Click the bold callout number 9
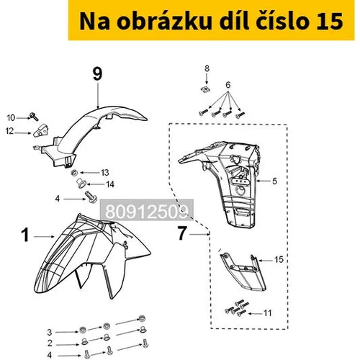[x=97, y=74]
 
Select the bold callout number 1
[x=25, y=235]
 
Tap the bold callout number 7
[x=182, y=233]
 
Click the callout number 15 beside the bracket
[x=279, y=259]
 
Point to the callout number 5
[x=274, y=181]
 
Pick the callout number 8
[x=207, y=68]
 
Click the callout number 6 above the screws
[x=228, y=85]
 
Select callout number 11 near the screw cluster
[x=268, y=313]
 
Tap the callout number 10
[x=11, y=117]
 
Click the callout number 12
[x=9, y=131]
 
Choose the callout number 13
[x=105, y=172]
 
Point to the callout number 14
[x=110, y=184]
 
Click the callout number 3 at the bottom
[x=50, y=332]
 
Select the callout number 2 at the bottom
[x=50, y=343]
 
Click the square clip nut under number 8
[x=205, y=89]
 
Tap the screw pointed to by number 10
[x=34, y=117]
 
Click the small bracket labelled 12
[x=40, y=130]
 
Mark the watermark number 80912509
[x=147, y=212]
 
